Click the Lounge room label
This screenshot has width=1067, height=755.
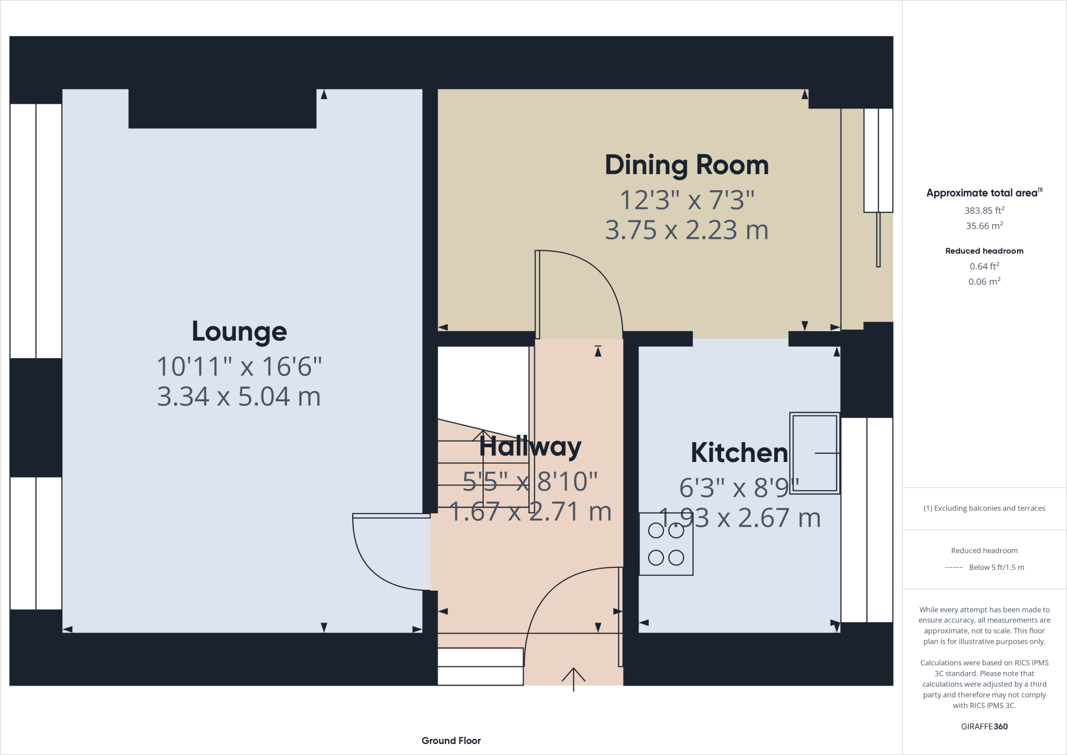click(239, 332)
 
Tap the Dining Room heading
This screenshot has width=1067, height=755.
click(686, 165)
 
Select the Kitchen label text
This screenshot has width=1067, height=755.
click(739, 453)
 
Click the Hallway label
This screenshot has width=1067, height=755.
click(530, 447)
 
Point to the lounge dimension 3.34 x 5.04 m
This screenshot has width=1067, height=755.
click(239, 397)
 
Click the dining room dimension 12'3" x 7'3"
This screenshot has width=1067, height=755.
click(686, 200)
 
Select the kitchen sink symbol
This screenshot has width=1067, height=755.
click(814, 453)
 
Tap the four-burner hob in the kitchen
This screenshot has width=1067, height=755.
click(666, 544)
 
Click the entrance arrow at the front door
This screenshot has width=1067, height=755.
click(573, 678)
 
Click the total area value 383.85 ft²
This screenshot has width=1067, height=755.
click(984, 211)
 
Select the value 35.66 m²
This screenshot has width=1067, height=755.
click(984, 226)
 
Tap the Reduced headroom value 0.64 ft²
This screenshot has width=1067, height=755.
click(984, 266)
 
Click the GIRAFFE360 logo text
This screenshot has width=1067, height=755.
click(984, 726)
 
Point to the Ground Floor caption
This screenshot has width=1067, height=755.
click(451, 740)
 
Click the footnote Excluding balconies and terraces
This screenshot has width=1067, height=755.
click(984, 508)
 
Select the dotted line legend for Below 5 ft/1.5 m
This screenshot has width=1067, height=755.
click(953, 567)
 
